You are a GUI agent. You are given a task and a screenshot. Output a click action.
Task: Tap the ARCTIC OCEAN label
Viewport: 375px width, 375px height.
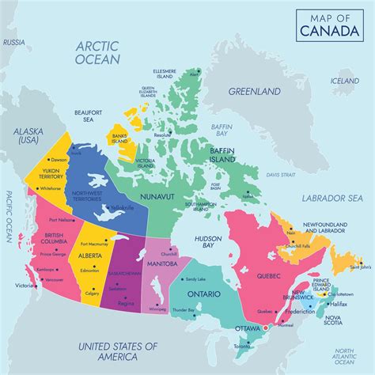pos(97,53)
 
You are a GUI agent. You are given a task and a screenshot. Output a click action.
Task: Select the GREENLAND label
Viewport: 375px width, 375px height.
pos(255,92)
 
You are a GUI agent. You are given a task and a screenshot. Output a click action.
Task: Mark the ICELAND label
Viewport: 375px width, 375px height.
pos(345,81)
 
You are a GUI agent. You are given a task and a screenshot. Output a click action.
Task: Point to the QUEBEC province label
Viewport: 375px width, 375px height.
pos(267,276)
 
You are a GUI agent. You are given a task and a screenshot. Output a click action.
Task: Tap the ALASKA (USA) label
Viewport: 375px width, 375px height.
pos(28,135)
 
